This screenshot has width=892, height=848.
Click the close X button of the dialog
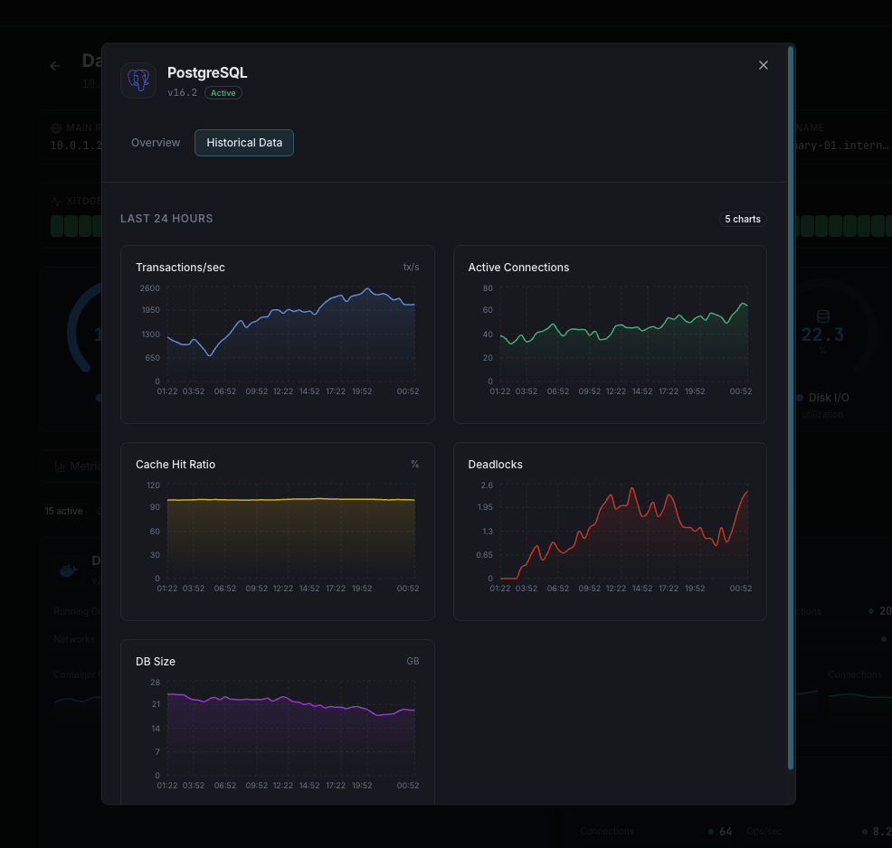click(764, 65)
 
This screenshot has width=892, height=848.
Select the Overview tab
click(156, 143)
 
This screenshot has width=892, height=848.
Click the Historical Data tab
click(244, 143)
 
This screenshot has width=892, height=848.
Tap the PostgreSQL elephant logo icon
click(138, 80)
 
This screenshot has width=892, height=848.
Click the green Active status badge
click(223, 93)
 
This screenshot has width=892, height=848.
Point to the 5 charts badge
click(743, 220)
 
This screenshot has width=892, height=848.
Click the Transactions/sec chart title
click(180, 268)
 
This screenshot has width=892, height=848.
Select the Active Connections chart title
click(518, 268)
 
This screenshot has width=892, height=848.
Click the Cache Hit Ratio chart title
click(176, 465)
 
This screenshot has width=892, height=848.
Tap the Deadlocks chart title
click(495, 465)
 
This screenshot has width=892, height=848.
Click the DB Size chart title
click(156, 662)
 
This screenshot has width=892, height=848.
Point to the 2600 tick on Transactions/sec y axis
click(150, 288)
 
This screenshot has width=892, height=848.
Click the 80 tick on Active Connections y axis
click(488, 288)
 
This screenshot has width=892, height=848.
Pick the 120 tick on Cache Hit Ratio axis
click(153, 485)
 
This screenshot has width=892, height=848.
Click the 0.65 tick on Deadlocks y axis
click(484, 555)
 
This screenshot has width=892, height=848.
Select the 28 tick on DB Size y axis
click(156, 683)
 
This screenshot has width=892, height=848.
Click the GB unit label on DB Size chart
click(413, 662)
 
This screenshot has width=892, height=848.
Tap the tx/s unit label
click(412, 268)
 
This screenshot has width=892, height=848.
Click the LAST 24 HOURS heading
click(166, 219)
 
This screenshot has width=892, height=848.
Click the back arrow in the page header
click(55, 66)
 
